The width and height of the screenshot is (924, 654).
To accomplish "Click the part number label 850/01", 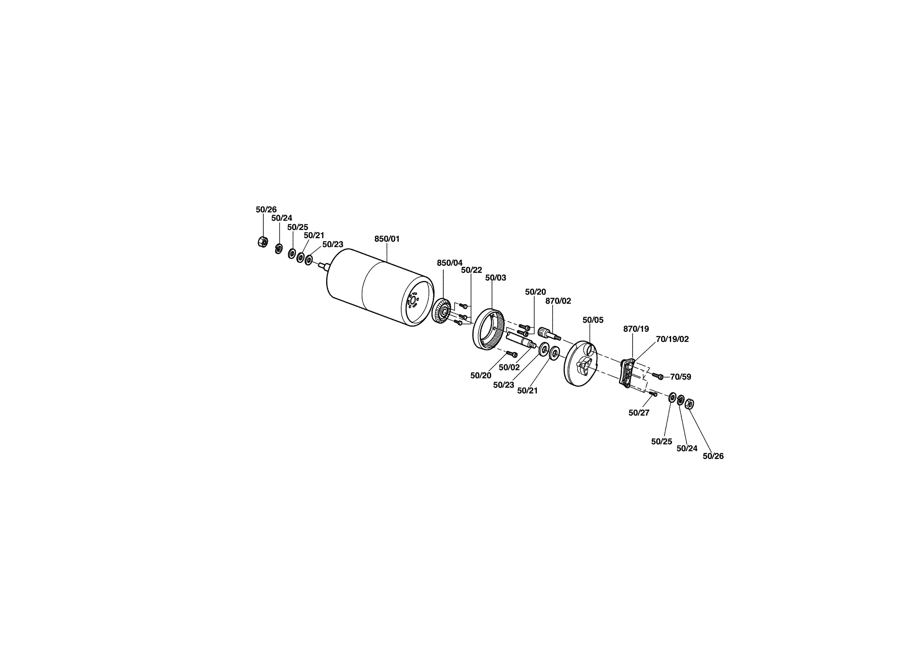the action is point(387,239).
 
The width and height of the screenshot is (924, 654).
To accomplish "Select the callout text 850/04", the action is point(449,263).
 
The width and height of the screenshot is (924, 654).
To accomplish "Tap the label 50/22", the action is point(471,270).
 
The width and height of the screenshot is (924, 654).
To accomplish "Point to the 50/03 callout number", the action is point(496,278).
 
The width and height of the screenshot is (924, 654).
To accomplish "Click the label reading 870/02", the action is point(558,301).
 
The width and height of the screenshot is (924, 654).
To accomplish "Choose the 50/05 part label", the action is point(593,320).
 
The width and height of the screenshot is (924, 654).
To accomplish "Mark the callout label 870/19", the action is point(636,329).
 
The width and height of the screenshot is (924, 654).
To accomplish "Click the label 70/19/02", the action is point(672,339).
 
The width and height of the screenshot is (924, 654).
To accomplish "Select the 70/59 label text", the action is point(680,377).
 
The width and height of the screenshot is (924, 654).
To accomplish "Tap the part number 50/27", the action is point(639,413).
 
